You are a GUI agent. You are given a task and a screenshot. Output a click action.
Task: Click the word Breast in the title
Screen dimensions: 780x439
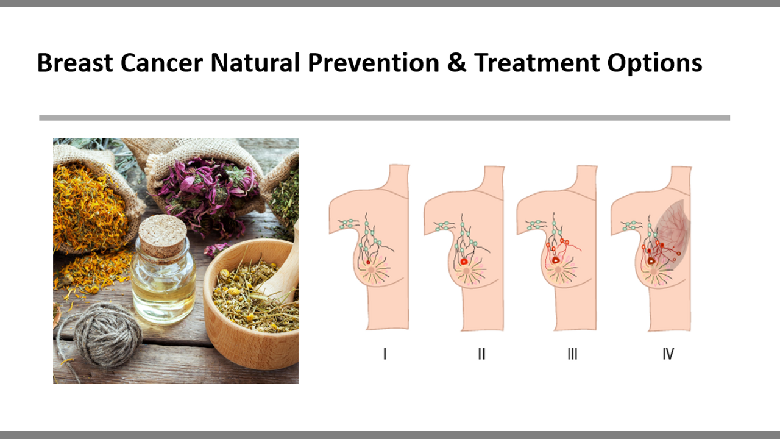click(75, 63)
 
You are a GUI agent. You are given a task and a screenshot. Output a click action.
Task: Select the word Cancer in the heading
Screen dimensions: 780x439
click(161, 63)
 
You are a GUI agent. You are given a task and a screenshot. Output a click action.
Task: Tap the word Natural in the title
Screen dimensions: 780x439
click(255, 63)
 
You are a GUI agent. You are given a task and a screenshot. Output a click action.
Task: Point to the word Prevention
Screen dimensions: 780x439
click(374, 63)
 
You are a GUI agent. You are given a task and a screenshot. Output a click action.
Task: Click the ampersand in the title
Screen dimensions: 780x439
click(456, 63)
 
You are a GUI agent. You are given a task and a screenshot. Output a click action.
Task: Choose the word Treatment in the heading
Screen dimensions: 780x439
click(537, 63)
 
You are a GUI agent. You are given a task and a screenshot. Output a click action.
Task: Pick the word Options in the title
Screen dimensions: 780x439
click(654, 63)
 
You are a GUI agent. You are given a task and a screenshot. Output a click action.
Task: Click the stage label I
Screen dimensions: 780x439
click(385, 354)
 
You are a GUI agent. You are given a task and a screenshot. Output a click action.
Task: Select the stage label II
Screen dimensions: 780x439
click(481, 354)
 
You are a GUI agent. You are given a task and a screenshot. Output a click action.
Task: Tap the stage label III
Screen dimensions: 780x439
click(572, 354)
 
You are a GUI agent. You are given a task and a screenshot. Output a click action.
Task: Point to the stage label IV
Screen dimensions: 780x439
click(668, 354)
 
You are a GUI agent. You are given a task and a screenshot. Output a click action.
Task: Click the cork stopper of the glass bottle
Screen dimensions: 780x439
click(162, 236)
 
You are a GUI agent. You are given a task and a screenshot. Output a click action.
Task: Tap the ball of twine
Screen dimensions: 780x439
click(104, 335)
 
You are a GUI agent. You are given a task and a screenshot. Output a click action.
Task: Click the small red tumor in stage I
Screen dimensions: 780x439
click(368, 262)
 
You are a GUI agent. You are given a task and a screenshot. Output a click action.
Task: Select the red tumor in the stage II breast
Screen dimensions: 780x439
click(464, 262)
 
